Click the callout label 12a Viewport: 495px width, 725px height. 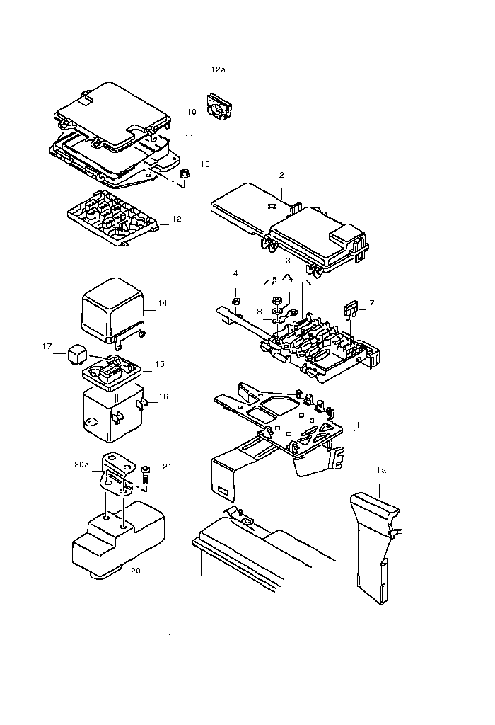pyautogui.click(x=218, y=70)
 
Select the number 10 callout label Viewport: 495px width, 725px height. pyautogui.click(x=192, y=112)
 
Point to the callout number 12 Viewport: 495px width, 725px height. pyautogui.click(x=177, y=219)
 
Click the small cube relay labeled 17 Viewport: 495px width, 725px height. pyautogui.click(x=76, y=353)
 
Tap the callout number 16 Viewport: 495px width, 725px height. pyautogui.click(x=163, y=396)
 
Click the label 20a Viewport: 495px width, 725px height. pyautogui.click(x=82, y=464)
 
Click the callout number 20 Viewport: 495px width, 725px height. pyautogui.click(x=135, y=571)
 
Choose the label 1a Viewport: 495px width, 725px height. pyautogui.click(x=381, y=471)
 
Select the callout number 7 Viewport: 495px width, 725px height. pyautogui.click(x=372, y=303)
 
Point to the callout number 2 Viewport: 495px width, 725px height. pyautogui.click(x=281, y=176)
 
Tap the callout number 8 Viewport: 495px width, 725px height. pyautogui.click(x=260, y=312)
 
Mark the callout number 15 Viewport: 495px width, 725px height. pyautogui.click(x=160, y=365)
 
